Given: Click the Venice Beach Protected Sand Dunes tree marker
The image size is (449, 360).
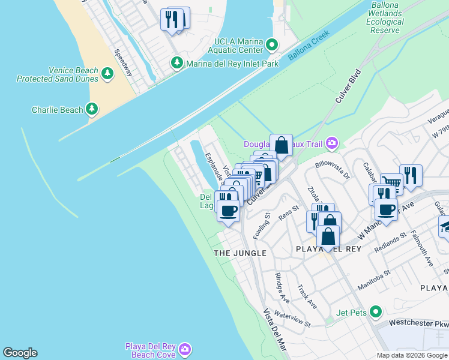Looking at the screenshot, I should [107, 74].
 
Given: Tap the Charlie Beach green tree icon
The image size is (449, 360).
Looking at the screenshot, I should [91, 109].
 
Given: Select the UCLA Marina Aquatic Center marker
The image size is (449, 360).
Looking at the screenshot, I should [271, 45].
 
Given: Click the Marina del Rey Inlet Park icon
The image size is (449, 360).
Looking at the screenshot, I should [177, 62].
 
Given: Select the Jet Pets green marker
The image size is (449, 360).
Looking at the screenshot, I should [376, 311].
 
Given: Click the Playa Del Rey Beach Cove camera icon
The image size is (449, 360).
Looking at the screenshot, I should [185, 349].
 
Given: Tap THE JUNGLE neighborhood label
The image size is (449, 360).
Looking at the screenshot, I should [240, 253].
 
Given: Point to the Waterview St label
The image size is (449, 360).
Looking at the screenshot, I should [292, 319].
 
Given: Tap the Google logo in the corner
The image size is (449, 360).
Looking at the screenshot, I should [20, 353].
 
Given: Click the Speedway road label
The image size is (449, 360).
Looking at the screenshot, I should [123, 62].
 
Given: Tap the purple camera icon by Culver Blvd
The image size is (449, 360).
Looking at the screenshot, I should [331, 143].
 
